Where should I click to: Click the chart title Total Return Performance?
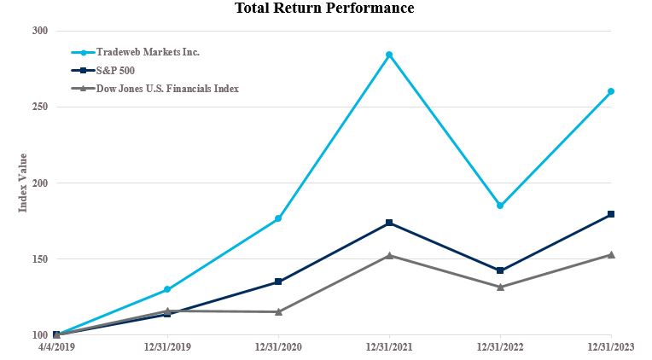coord(324,9)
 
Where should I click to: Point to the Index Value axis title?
coord(23,183)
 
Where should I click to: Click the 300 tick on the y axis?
coord(39,31)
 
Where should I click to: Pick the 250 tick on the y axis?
coord(39,107)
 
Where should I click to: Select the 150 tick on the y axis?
coord(39,258)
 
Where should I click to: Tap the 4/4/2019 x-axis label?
coord(56,348)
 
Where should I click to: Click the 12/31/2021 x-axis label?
coord(389,348)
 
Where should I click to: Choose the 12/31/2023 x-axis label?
coord(611,348)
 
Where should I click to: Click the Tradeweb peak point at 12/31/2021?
coord(389,55)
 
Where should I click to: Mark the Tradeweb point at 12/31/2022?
coord(500,206)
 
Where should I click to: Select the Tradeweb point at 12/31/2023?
coord(611,91)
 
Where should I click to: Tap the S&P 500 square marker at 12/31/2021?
coord(389,223)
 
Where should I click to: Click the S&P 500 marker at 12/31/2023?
coord(611,214)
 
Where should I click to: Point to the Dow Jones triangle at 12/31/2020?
coord(278,311)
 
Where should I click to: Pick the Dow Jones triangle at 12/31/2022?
coord(500,287)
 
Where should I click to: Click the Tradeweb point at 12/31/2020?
coord(278,219)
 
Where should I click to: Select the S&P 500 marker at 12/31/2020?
coord(278,282)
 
